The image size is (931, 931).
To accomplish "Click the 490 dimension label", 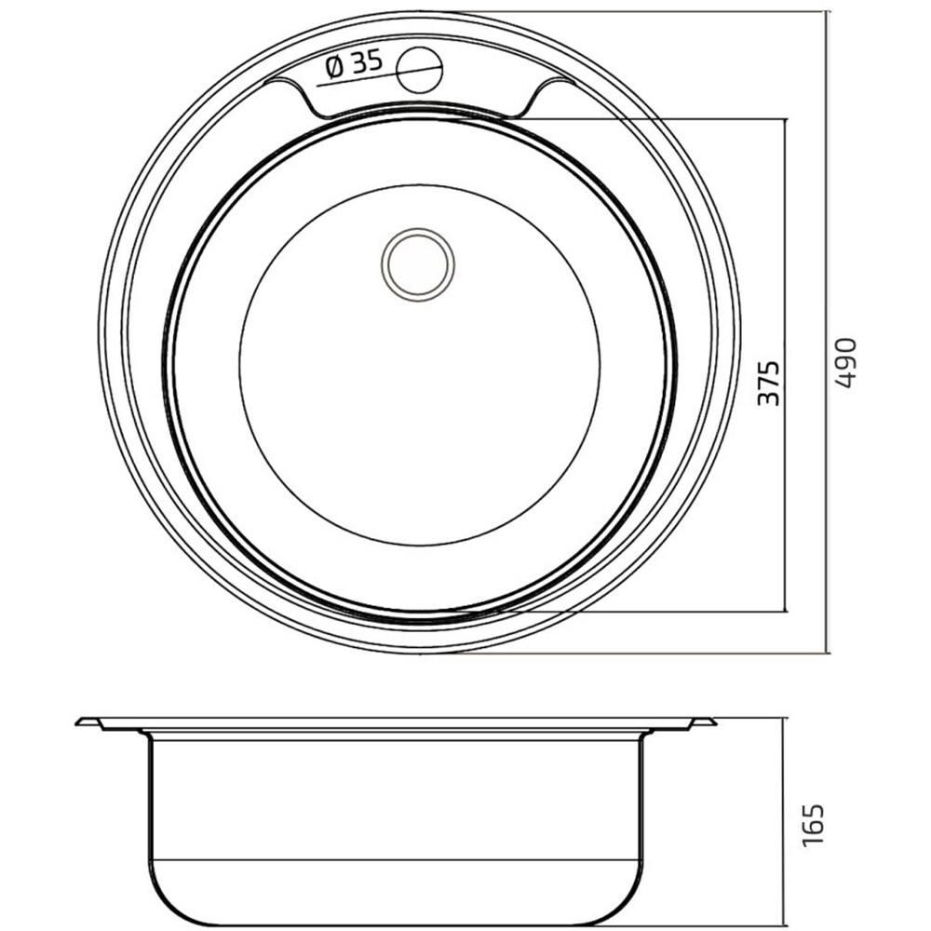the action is [845, 363].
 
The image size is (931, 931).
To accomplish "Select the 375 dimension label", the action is [768, 383].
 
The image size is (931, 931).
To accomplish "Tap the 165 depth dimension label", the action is [813, 825].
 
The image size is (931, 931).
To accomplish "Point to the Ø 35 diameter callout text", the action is [355, 63].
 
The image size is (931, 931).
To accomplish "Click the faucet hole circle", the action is [420, 69].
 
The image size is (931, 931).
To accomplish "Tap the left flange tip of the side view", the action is [77, 722].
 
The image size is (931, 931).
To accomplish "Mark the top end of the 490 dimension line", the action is [829, 11].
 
